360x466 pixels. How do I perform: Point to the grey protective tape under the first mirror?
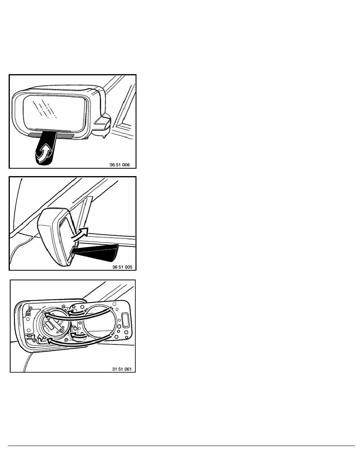pyautogui.click(x=51, y=134)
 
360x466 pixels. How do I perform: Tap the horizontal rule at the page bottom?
pyautogui.click(x=180, y=446)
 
